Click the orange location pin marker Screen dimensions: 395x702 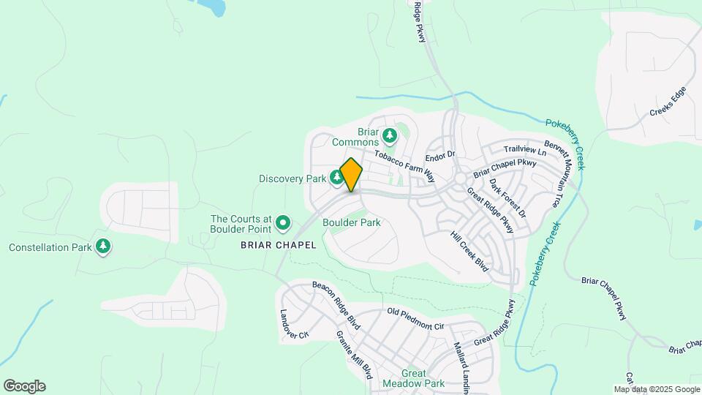tap(351, 175)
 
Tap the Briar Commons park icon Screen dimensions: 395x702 tap(390, 135)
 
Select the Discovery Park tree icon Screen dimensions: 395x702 tap(336, 177)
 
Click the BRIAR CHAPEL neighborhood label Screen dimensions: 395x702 tap(278, 246)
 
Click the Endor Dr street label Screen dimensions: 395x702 tap(441, 155)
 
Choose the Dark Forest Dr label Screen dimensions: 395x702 tap(507, 197)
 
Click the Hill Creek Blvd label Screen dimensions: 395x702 tap(469, 252)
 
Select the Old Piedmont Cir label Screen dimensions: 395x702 tap(415, 319)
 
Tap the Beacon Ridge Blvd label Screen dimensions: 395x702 tap(336, 304)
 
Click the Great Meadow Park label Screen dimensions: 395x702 tap(413, 378)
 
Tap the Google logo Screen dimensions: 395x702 tap(24, 386)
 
